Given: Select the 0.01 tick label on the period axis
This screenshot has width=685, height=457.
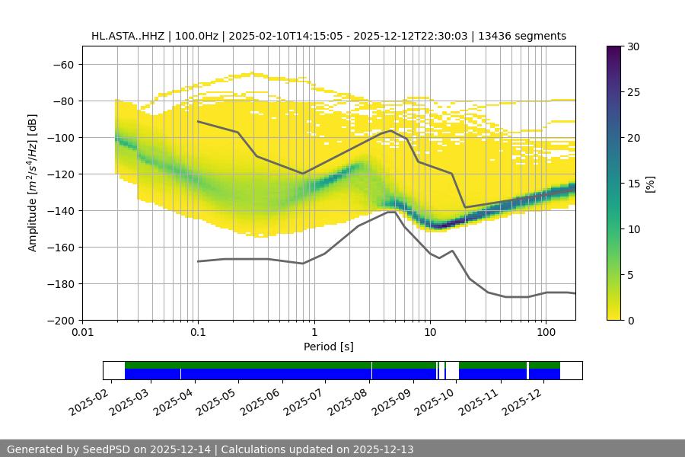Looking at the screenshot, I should pos(82,333).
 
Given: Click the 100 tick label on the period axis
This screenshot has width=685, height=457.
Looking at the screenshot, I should pos(546,333).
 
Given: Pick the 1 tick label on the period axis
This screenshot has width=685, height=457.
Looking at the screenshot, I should pos(314,333).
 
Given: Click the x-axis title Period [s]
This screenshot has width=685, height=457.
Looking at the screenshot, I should pos(328,347).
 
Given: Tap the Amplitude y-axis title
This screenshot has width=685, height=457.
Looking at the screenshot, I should pos(33,183).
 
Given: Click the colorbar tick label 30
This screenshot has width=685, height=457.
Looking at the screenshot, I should pos(633,46).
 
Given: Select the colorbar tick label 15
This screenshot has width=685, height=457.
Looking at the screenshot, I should pos(633,184).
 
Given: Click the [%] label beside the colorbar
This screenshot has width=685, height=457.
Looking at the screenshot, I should pos(649,183).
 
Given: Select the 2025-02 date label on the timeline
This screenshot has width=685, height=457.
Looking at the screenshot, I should pos(90,398).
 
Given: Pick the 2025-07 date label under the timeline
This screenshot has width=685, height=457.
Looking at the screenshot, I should pos(307,398).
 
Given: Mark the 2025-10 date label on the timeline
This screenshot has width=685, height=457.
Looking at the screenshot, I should pos(438,398).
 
